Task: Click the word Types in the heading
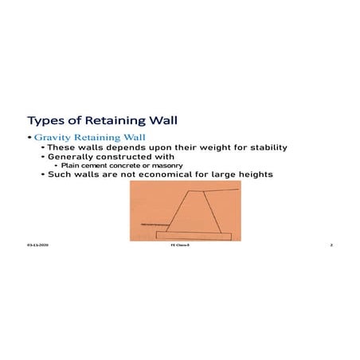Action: point(44,121)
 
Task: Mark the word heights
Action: point(252,174)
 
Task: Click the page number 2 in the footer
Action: point(330,245)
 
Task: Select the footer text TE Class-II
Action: point(179,245)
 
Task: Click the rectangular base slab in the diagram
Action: point(194,235)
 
